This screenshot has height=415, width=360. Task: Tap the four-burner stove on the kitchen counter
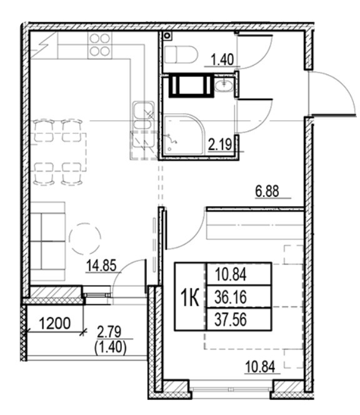click(100, 44)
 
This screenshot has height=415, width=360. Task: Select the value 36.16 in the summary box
click(231, 296)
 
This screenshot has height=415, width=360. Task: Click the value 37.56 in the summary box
click(231, 318)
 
